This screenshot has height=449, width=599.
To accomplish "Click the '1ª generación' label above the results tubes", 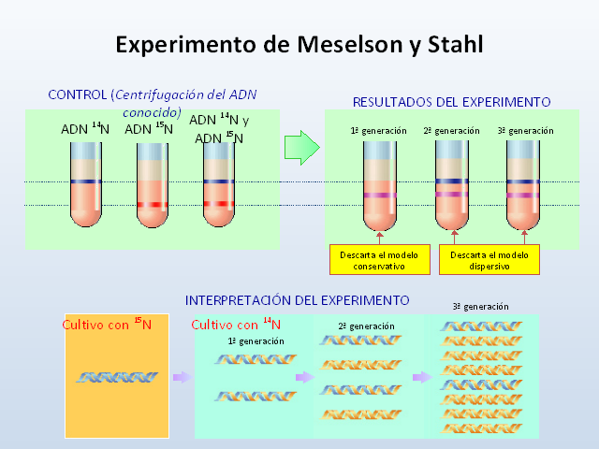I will [378, 130].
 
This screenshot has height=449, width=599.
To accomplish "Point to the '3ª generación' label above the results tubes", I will [524, 130].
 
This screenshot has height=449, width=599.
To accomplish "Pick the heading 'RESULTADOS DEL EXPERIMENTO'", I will [451, 101].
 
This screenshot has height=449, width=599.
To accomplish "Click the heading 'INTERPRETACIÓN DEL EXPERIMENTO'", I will [297, 300].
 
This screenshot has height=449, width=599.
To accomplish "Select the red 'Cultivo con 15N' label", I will [107, 325].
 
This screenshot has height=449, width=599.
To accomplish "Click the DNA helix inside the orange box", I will [116, 377].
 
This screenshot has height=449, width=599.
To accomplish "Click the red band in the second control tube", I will [152, 205].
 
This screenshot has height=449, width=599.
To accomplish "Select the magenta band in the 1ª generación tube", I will [378, 195].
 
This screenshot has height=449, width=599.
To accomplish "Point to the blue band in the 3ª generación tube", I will [524, 181].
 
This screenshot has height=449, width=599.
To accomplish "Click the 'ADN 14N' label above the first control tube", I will [85, 128].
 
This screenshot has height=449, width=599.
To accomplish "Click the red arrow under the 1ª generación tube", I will [378, 236].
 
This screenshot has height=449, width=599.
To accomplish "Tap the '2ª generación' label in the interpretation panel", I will [366, 326].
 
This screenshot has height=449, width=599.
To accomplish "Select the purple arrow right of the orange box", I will [180, 378].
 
